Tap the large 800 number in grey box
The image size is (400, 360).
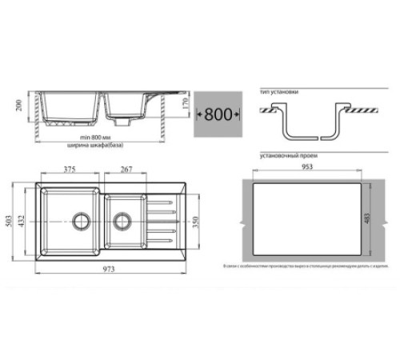[218, 114]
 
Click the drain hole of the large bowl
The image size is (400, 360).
[80, 218]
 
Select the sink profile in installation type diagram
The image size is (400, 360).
[307, 124]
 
